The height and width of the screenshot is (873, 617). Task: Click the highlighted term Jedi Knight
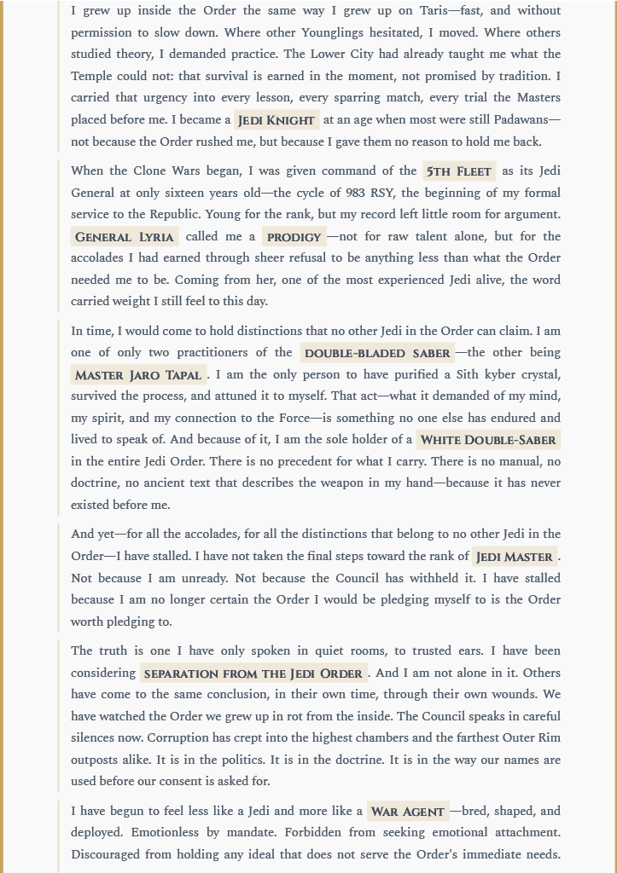[x=276, y=120]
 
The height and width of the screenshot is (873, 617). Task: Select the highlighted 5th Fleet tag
[x=459, y=171]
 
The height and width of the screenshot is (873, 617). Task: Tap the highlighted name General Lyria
[x=125, y=237]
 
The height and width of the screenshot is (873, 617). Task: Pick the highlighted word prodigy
[x=294, y=237]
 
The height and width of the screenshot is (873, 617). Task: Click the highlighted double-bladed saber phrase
[x=377, y=353]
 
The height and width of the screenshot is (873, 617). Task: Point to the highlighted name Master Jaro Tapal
[x=138, y=375]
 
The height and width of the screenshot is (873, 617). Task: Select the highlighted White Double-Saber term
[x=488, y=440]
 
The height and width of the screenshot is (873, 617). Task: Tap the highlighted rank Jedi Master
[x=515, y=557]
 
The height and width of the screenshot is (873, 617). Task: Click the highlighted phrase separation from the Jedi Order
[x=253, y=674]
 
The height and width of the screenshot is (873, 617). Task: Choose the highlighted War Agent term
[x=408, y=812]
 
